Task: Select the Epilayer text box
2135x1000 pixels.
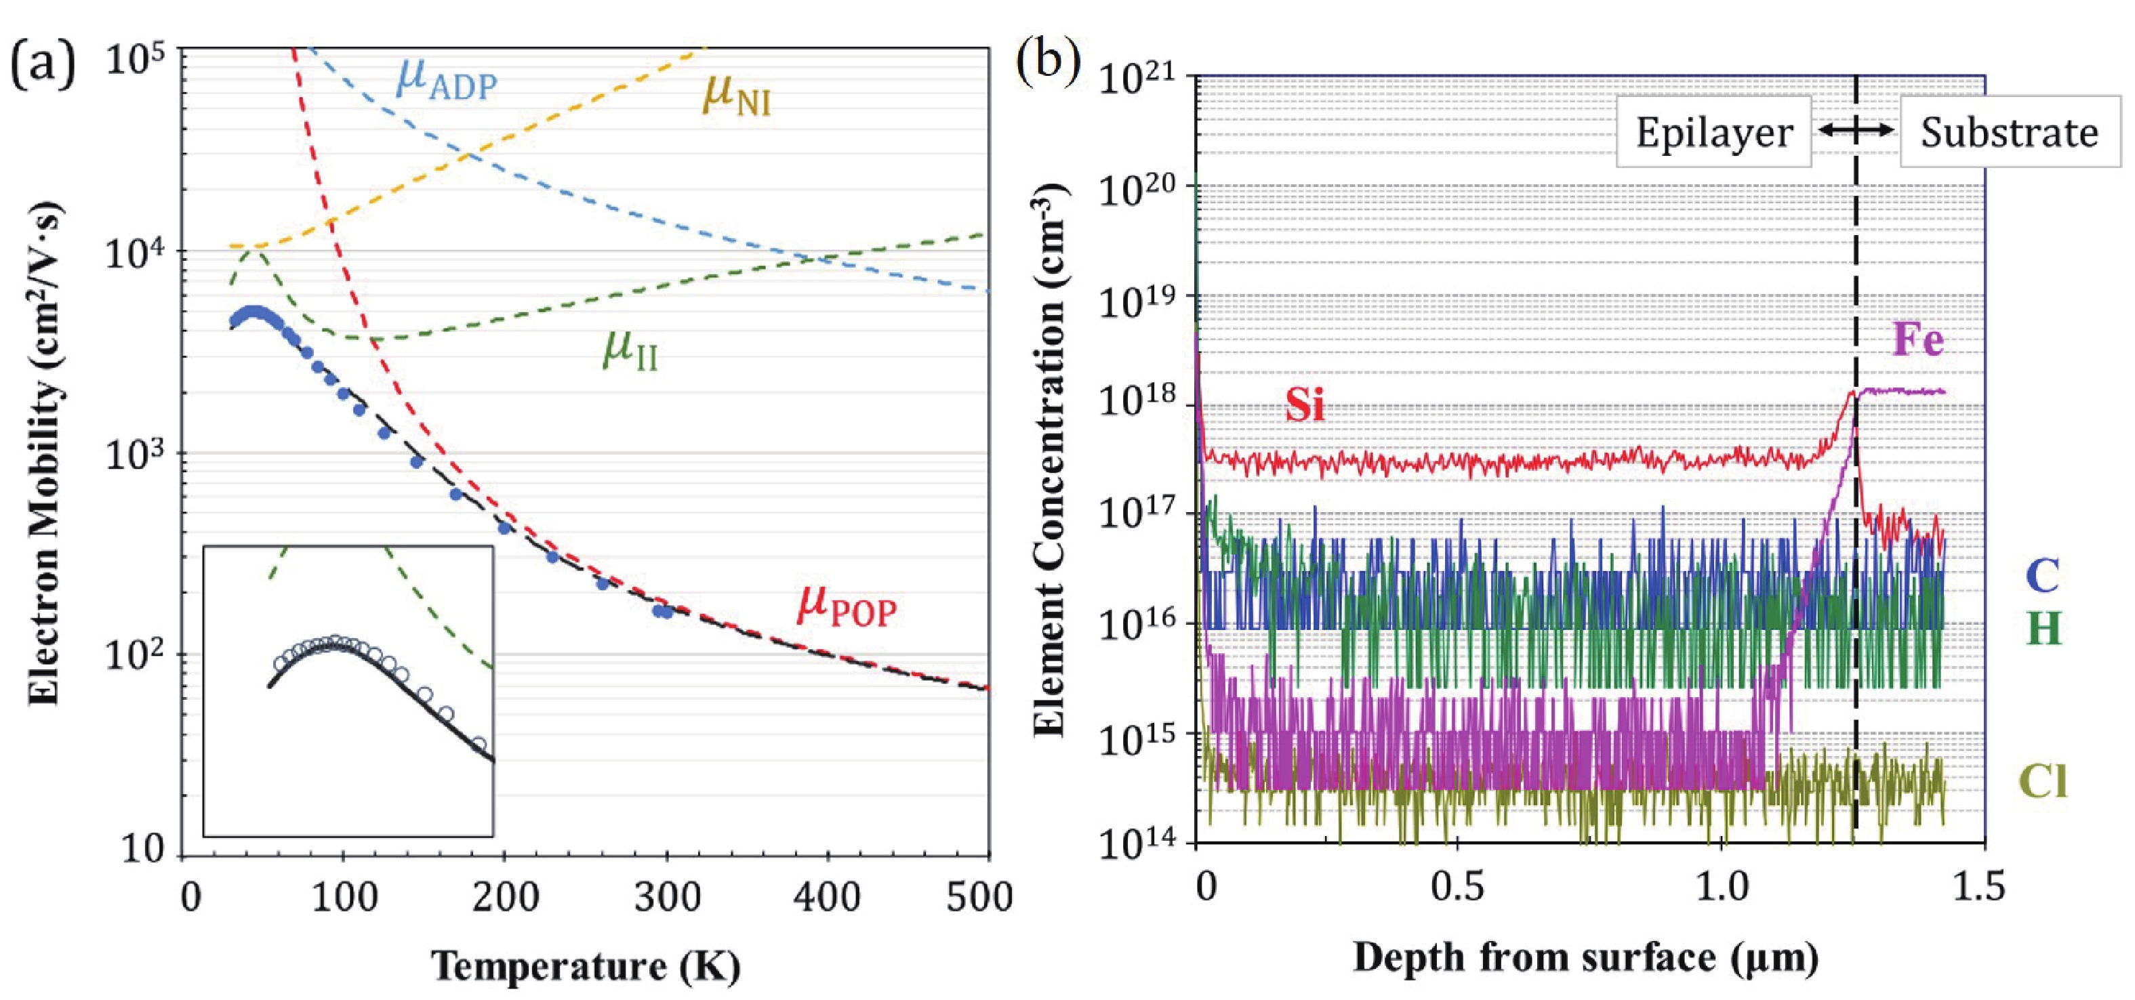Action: pyautogui.click(x=1713, y=133)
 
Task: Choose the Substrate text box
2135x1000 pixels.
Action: pyautogui.click(x=2009, y=133)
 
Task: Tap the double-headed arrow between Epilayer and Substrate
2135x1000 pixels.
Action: pyautogui.click(x=1856, y=130)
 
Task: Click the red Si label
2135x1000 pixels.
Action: pyautogui.click(x=1305, y=405)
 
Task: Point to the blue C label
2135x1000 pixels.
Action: pyautogui.click(x=2042, y=575)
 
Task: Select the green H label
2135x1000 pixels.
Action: pyautogui.click(x=2043, y=629)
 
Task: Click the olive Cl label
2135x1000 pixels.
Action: pyautogui.click(x=2042, y=780)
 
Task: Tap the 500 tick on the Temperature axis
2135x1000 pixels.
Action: pyautogui.click(x=979, y=896)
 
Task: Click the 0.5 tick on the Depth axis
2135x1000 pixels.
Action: pyautogui.click(x=1457, y=886)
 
